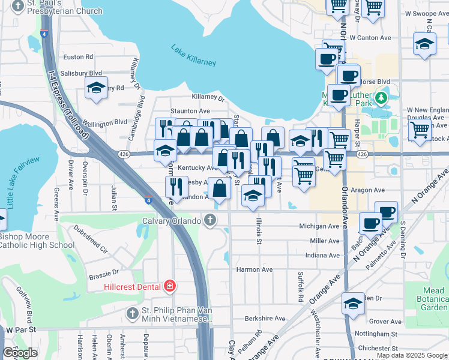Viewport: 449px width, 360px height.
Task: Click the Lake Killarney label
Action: (x=193, y=55)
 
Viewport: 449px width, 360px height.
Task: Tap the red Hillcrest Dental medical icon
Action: (x=170, y=286)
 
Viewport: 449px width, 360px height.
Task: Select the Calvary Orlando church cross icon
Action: (x=209, y=220)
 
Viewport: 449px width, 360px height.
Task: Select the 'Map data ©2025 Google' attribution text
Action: (x=412, y=355)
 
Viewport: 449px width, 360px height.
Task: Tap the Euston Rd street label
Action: (x=78, y=57)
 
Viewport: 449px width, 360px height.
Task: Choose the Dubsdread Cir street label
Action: (x=91, y=238)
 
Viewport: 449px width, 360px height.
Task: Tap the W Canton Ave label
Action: (x=370, y=38)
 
